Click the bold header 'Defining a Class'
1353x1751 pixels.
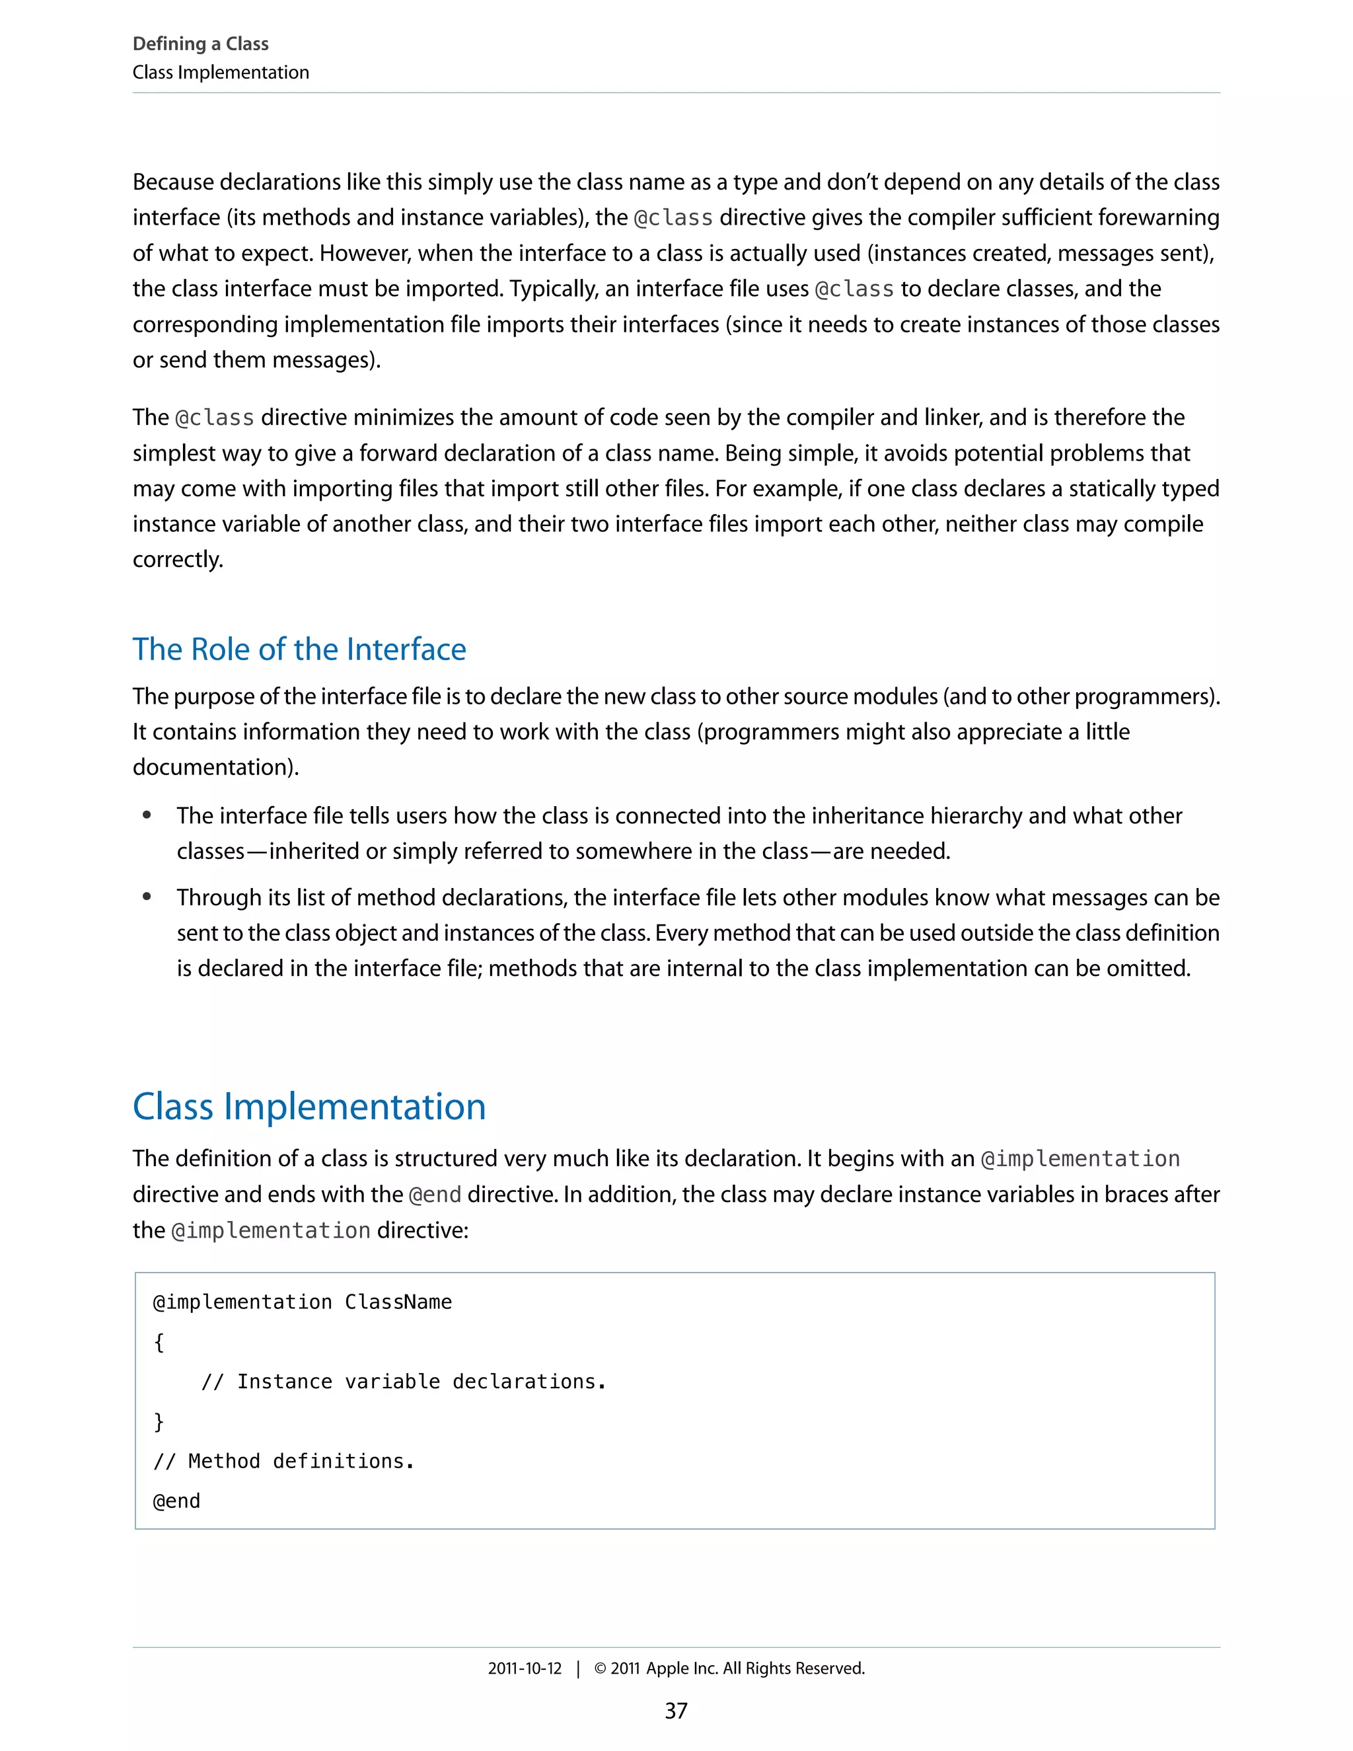point(200,44)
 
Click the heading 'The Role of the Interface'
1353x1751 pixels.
point(299,649)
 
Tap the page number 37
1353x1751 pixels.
point(676,1710)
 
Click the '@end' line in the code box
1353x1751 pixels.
point(176,1501)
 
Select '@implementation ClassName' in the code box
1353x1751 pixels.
point(302,1302)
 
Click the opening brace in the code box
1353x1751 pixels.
point(159,1342)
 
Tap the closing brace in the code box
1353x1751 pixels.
point(159,1421)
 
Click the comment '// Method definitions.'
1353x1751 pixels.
point(283,1462)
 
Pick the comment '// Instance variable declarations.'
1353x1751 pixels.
point(403,1382)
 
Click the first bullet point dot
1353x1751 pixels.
point(147,815)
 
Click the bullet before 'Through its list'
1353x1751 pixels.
point(147,897)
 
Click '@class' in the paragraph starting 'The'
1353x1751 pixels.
point(215,418)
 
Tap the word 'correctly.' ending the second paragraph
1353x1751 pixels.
point(178,560)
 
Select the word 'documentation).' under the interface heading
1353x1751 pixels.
point(215,767)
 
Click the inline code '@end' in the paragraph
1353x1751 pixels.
point(435,1195)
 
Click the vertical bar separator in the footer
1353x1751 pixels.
point(578,1668)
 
